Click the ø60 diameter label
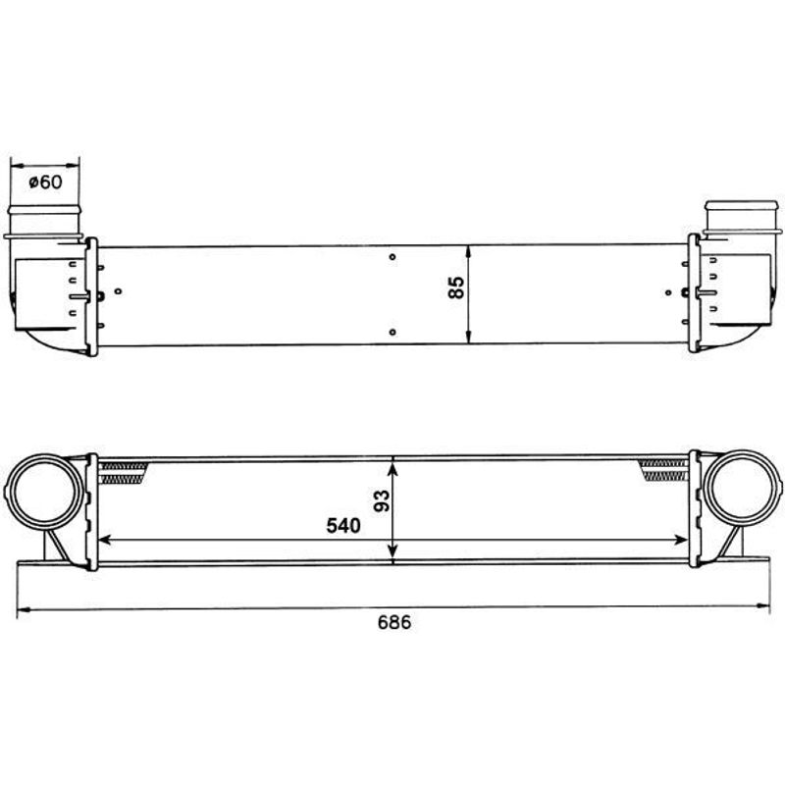(x=45, y=182)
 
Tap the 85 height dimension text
(x=456, y=288)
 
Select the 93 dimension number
(x=382, y=501)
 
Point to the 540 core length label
(x=343, y=526)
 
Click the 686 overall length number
(x=394, y=622)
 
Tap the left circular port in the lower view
(x=45, y=493)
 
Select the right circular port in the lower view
(x=742, y=488)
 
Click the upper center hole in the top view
(x=392, y=257)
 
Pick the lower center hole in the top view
(x=392, y=332)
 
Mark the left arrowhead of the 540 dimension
(x=104, y=540)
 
